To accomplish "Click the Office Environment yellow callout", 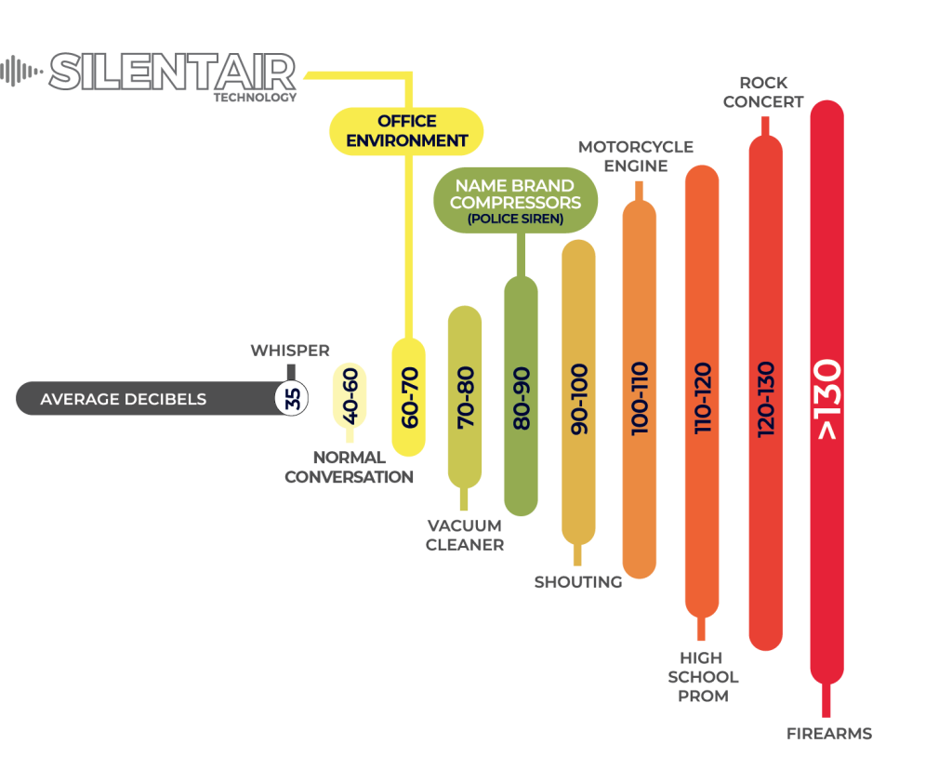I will [408, 131].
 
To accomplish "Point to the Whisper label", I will [290, 351].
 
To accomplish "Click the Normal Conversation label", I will [349, 467].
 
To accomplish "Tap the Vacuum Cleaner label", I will [465, 536].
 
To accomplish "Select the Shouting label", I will [578, 582].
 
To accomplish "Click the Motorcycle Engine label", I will [636, 156].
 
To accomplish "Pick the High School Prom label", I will [703, 675].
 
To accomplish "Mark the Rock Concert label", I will [763, 93].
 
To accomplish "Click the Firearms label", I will [828, 733].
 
